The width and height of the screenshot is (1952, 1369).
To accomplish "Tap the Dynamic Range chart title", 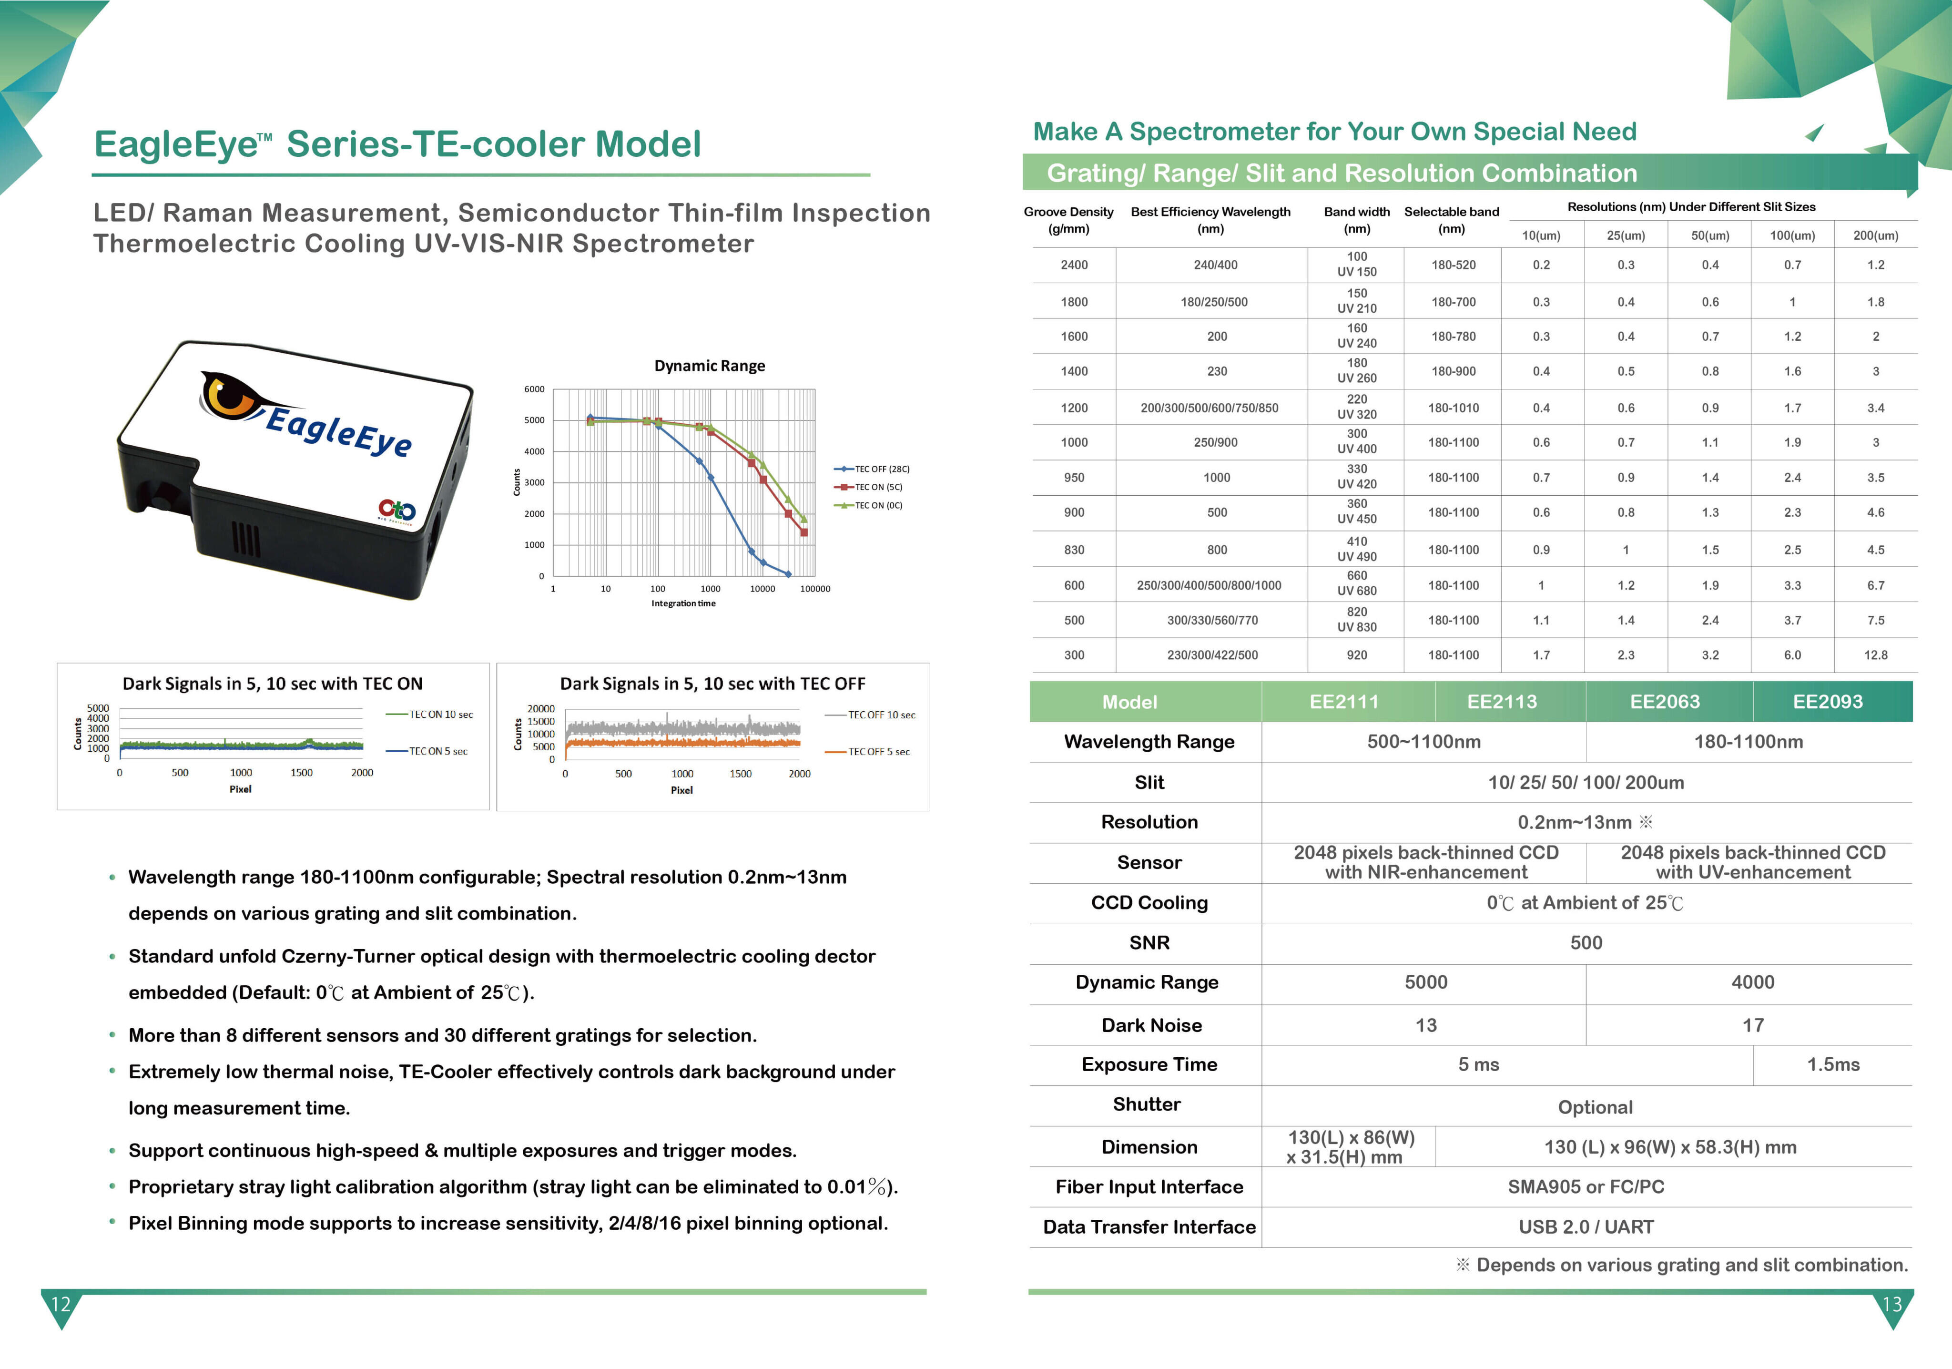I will (x=709, y=366).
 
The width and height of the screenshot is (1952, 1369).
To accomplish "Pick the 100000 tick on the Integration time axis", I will (x=814, y=588).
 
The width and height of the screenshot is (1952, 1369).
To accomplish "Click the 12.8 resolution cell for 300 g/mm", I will (x=1875, y=655).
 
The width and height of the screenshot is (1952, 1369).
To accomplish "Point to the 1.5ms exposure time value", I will (x=1833, y=1064).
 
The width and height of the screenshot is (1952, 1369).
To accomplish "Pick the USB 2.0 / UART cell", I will (x=1586, y=1227).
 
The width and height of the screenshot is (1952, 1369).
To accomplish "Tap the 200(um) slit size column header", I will (x=1875, y=235).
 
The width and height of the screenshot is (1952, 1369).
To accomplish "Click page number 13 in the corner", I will (x=1891, y=1304).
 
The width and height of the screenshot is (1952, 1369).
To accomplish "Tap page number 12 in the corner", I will (x=61, y=1304).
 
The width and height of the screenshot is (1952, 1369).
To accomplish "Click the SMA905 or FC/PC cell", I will (x=1586, y=1187).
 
